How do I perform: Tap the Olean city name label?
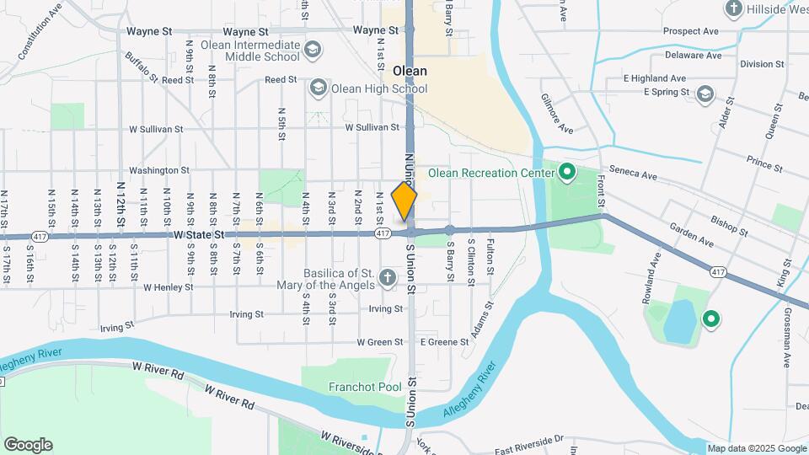pyautogui.click(x=409, y=71)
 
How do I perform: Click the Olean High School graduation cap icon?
pyautogui.click(x=318, y=88)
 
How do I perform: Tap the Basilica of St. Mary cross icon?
pyautogui.click(x=387, y=277)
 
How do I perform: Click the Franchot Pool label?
pyautogui.click(x=364, y=387)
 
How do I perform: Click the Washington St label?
pyautogui.click(x=159, y=170)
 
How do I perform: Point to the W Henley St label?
pyautogui.click(x=169, y=287)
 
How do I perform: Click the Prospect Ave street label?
pyautogui.click(x=690, y=31)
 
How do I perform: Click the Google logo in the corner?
pyautogui.click(x=28, y=445)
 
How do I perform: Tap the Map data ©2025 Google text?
pyautogui.click(x=756, y=448)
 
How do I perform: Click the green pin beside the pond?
pyautogui.click(x=710, y=318)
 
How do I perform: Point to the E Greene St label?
pyautogui.click(x=444, y=342)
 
